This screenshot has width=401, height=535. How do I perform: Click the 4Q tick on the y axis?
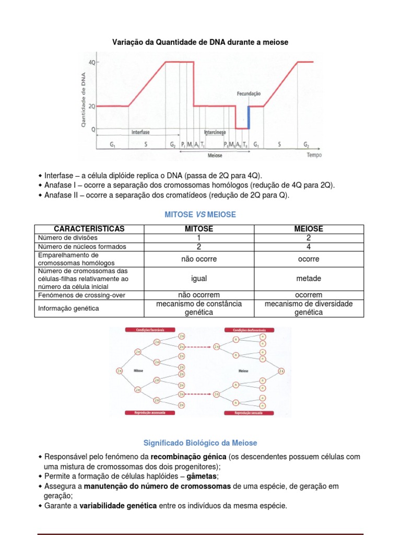(92, 62)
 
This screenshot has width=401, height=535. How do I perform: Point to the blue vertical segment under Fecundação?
(249, 118)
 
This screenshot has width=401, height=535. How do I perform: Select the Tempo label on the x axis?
(314, 155)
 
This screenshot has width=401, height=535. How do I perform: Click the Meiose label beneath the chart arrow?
(215, 155)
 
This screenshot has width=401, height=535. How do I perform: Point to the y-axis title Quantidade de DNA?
(83, 99)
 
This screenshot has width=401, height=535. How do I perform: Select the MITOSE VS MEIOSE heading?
(200, 215)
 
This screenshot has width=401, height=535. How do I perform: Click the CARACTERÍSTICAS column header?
(89, 229)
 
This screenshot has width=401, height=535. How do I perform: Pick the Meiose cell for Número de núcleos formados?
(308, 247)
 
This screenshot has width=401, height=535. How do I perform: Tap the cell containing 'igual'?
(199, 278)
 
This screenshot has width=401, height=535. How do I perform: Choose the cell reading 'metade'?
(308, 278)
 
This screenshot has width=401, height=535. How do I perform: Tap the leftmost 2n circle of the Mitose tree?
(119, 371)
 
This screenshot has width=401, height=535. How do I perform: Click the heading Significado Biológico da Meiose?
(200, 443)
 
